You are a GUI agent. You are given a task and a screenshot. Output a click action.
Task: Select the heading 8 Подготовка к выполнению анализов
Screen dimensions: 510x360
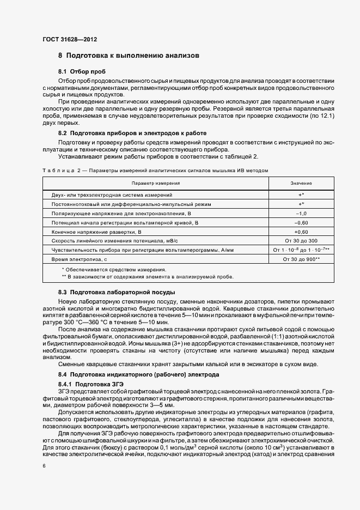129,56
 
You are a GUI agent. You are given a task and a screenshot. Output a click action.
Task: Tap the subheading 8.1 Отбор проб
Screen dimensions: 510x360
82,72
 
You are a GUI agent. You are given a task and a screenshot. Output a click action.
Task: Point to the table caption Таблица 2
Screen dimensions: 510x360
155,171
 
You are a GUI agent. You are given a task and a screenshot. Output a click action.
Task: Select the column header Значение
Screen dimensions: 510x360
301,184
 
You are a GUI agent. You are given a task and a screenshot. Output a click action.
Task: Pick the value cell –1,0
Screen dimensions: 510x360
301,213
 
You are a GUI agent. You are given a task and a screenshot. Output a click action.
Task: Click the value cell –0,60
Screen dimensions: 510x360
301,222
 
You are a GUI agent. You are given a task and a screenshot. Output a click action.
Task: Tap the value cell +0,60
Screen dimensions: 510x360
301,232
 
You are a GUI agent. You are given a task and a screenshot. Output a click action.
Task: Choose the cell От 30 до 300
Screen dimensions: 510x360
301,241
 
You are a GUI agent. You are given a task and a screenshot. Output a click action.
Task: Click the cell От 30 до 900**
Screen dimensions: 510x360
301,259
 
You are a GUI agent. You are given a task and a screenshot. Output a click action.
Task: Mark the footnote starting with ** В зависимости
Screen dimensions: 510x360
148,277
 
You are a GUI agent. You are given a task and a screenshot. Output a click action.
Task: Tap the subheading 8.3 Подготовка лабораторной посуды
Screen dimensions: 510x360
117,293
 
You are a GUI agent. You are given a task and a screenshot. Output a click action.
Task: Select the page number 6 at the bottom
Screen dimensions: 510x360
44,466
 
